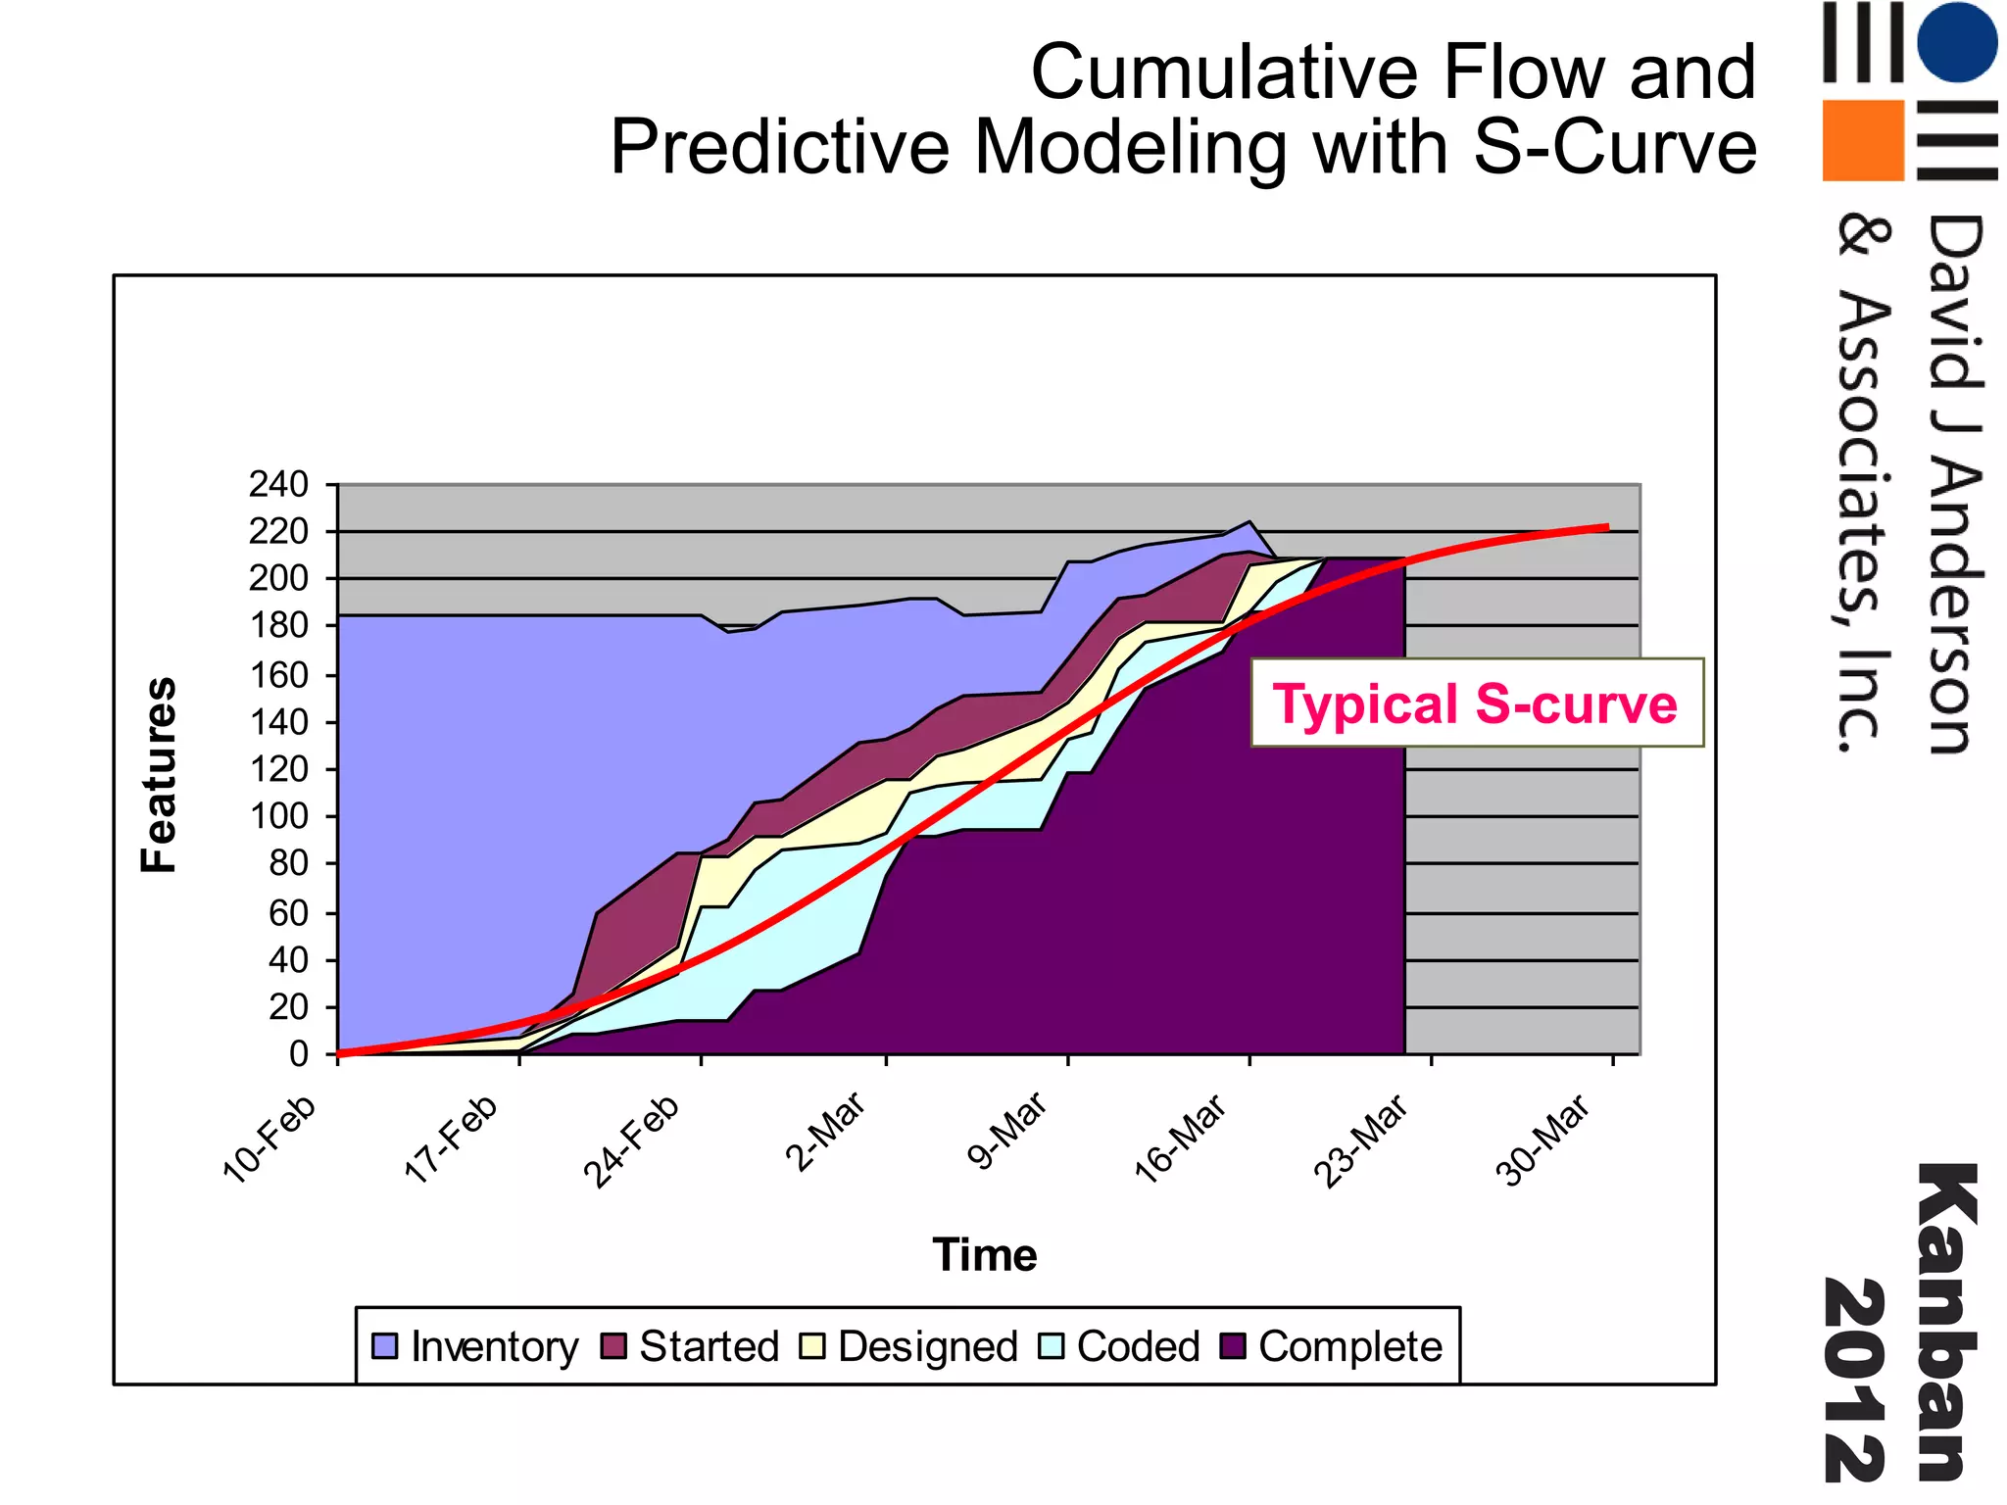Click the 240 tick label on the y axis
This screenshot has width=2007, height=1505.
[278, 484]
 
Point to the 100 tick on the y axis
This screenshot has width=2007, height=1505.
[278, 816]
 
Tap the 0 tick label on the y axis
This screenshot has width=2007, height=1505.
[298, 1054]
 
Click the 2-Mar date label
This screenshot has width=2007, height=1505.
[825, 1132]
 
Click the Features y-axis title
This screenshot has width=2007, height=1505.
[159, 774]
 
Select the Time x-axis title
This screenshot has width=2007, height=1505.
[984, 1255]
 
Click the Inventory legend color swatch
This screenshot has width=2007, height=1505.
[385, 1346]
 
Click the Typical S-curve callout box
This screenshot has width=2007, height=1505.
[1476, 704]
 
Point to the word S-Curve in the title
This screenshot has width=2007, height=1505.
[1615, 147]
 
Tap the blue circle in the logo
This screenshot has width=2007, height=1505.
[1956, 42]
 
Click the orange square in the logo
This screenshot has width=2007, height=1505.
[1863, 140]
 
